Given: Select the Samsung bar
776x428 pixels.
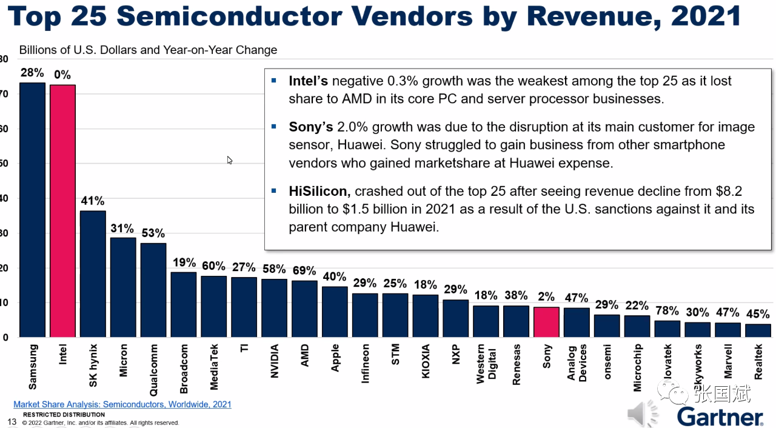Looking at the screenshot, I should coord(32,210).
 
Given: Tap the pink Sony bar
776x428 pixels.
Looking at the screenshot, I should coord(546,322).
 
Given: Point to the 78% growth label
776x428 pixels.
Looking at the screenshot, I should coord(667,311).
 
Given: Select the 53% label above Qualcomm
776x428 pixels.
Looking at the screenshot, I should coord(153,233).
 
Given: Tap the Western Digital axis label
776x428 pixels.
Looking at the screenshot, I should coord(486,365).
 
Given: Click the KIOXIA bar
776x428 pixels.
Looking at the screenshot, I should coord(425,316).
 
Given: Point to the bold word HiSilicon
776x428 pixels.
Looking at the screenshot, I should coord(319,192).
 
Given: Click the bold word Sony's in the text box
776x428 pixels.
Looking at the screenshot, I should coord(311,127).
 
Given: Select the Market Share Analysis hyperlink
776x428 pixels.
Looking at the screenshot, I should coord(122,404).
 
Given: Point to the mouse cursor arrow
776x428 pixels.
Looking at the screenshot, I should coord(230,160).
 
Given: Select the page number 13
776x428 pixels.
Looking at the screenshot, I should coord(12,421).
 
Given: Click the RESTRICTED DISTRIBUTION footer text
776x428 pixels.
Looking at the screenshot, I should coord(64,415).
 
